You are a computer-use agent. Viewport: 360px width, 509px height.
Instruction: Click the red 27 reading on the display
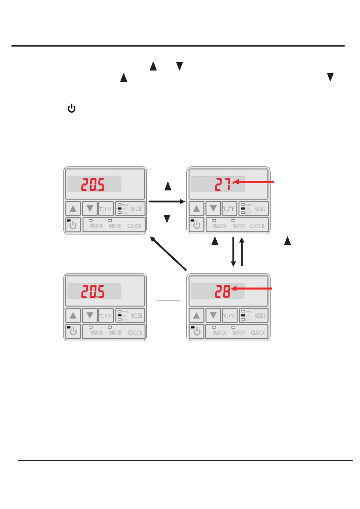tap(223, 184)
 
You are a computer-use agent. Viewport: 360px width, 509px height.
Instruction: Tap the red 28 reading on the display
tap(223, 291)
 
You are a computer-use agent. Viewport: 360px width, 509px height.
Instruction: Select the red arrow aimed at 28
tap(252, 289)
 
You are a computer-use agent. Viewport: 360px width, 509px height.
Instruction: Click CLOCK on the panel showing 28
tap(258, 333)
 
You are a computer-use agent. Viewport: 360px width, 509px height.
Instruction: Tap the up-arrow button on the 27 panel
tap(197, 209)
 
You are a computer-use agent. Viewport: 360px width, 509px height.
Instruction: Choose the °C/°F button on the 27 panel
tap(229, 209)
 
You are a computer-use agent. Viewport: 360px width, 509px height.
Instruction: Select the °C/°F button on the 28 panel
tap(229, 316)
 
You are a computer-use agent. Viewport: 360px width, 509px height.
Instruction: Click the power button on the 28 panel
tap(196, 332)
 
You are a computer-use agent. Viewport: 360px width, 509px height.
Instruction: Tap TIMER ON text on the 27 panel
tap(219, 226)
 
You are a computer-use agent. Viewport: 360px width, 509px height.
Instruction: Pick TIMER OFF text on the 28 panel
tap(238, 333)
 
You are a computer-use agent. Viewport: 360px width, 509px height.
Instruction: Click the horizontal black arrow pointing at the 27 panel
tap(167, 202)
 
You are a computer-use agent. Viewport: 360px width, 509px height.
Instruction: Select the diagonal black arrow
tap(168, 253)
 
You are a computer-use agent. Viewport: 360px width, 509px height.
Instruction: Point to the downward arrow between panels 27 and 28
tap(233, 252)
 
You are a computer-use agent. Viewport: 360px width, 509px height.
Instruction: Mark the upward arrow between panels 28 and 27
tap(241, 252)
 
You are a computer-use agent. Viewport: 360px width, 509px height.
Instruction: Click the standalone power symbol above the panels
tap(71, 108)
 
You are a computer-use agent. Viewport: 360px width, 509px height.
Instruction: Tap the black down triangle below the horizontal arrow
tap(167, 219)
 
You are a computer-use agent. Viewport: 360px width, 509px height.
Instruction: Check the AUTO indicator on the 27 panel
tap(243, 205)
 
